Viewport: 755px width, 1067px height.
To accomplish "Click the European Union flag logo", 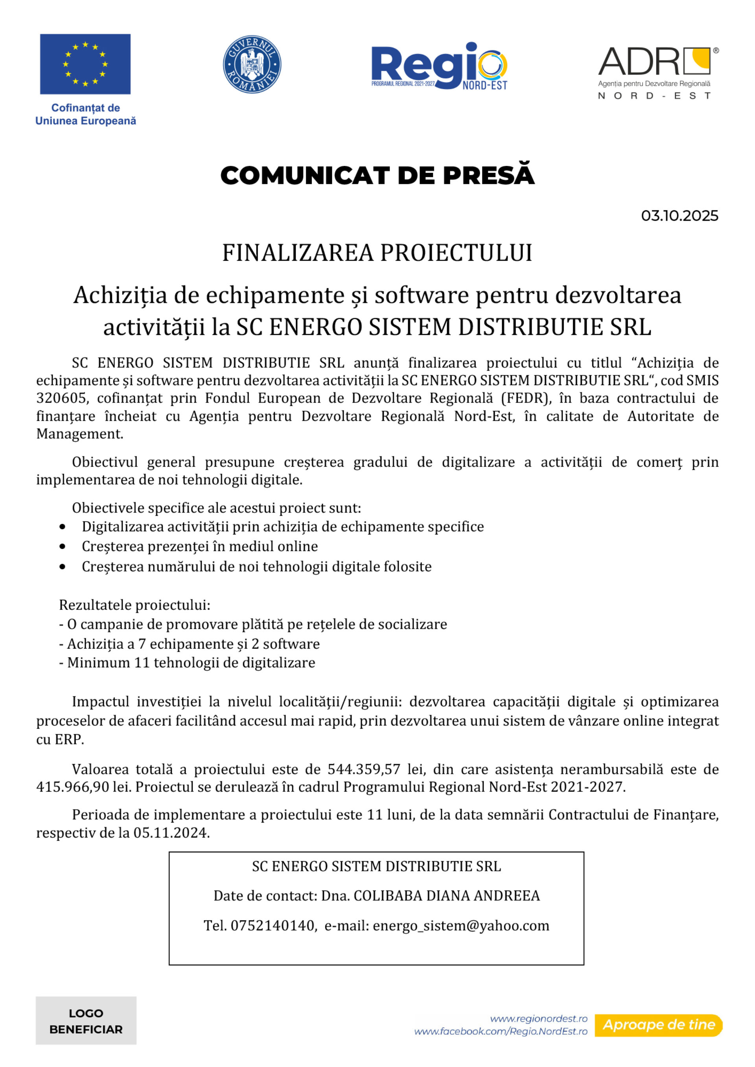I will coord(85,64).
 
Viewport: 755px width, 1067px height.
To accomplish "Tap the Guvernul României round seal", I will coord(252,64).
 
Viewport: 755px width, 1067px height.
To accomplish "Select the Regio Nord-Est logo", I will coord(439,66).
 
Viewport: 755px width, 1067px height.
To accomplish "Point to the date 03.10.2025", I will coord(679,216).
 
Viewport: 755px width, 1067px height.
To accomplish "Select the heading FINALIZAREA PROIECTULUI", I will coord(377,253).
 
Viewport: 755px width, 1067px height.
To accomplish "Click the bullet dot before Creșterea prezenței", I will coord(62,547).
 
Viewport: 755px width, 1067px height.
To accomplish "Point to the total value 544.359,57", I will coord(364,769).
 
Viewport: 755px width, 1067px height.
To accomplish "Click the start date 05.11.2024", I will coord(171,833).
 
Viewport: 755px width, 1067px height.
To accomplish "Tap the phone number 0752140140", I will coord(273,925).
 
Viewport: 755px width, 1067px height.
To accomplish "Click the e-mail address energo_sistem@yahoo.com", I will coord(461,925).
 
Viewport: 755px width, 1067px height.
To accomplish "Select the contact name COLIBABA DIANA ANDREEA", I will coord(446,896).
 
